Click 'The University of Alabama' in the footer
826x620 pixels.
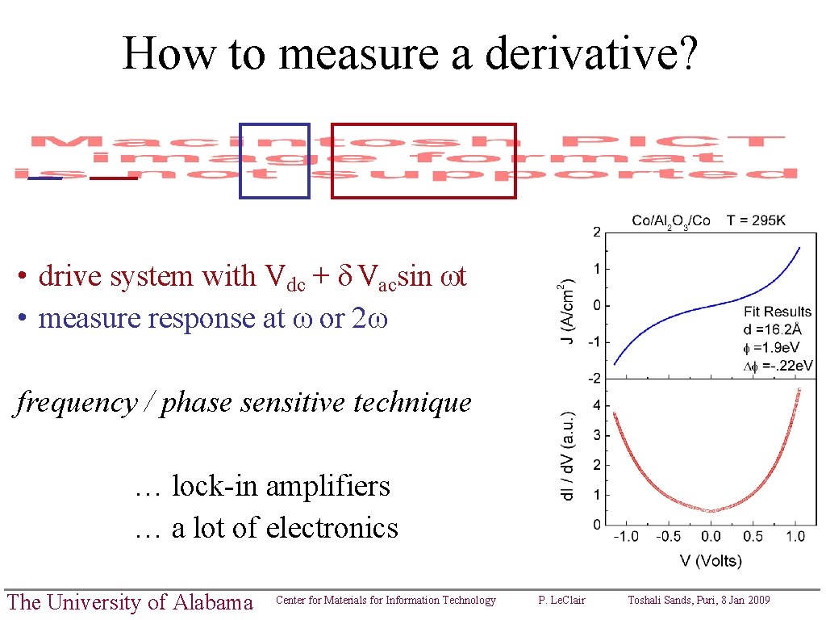coord(129,602)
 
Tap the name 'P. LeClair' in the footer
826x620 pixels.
coord(561,600)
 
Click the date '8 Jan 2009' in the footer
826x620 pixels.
coord(741,600)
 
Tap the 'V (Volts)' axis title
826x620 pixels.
coord(710,560)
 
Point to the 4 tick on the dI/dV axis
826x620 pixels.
coord(596,405)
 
